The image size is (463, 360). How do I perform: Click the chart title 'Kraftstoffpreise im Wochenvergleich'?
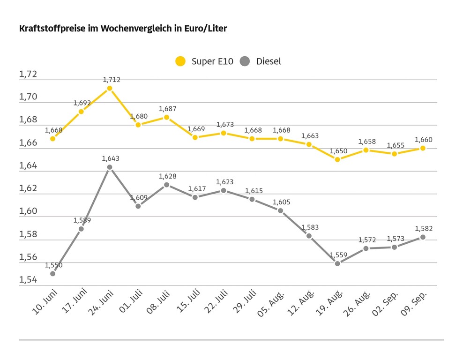(x=123, y=29)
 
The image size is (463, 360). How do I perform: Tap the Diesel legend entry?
(x=261, y=61)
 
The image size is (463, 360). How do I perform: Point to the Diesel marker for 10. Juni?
(x=52, y=274)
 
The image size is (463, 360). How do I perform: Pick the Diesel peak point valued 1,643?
(x=110, y=167)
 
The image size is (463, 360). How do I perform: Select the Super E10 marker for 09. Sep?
(x=423, y=148)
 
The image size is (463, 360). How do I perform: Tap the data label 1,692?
(x=82, y=103)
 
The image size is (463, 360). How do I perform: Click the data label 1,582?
(x=423, y=229)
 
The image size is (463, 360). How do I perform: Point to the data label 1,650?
(x=337, y=151)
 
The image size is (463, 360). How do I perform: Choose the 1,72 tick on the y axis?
(x=28, y=75)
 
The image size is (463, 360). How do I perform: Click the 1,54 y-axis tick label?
(x=28, y=280)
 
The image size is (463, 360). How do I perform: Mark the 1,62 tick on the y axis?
(x=28, y=189)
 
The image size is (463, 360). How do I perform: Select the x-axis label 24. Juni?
(x=100, y=304)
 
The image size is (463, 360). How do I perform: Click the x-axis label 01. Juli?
(x=130, y=303)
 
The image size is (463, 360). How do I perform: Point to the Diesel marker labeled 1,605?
(x=281, y=211)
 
